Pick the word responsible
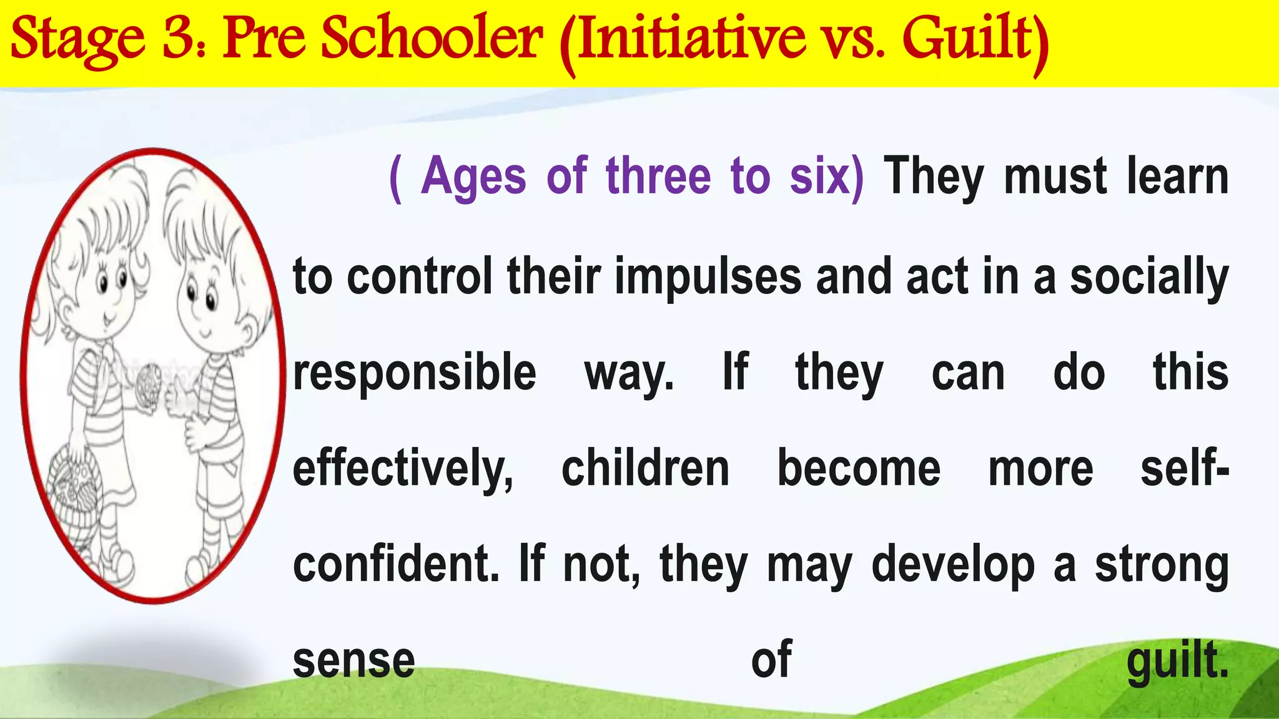coord(415,373)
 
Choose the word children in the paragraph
coord(645,469)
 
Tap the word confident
coord(396,564)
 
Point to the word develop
coord(953,565)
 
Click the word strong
coord(1162,565)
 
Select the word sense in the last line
coord(353,661)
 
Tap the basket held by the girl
coord(75,487)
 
